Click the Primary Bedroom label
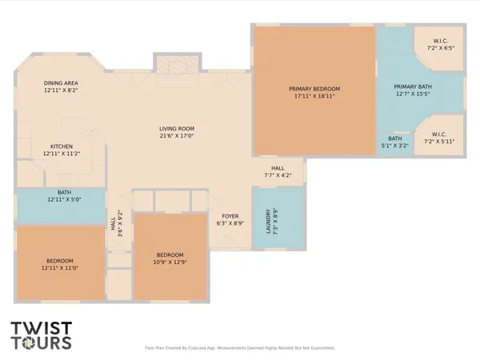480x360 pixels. [314, 88]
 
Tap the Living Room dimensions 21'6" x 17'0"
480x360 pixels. [177, 136]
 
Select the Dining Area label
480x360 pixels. [60, 82]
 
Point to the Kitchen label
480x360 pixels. [62, 146]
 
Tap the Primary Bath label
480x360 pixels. [412, 87]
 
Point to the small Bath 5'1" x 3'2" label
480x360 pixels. [395, 138]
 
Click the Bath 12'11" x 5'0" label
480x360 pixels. [64, 192]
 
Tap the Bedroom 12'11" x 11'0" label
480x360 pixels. [60, 261]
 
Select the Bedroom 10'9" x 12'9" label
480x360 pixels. [170, 255]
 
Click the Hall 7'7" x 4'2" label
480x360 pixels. [278, 167]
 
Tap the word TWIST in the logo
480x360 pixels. [41, 329]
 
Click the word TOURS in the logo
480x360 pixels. [41, 344]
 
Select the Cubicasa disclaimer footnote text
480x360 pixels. [240, 348]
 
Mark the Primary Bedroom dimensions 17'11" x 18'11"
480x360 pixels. [314, 96]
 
